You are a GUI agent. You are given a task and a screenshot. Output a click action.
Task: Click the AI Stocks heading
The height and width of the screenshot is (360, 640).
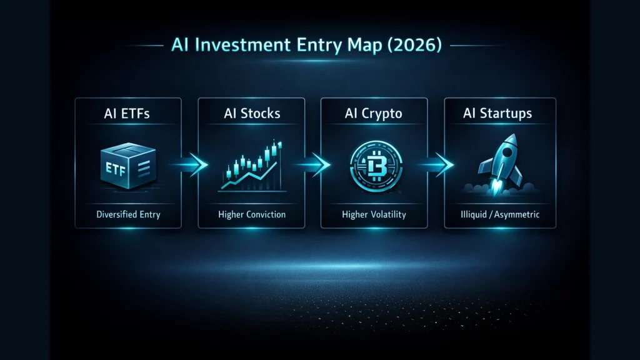[x=251, y=114]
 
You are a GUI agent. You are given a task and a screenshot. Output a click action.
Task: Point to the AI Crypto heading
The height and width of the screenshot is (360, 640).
[x=374, y=114]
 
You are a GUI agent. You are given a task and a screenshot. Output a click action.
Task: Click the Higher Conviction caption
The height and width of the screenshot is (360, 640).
[x=252, y=214]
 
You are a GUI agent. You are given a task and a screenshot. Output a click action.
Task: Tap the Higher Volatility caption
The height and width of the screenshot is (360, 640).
[x=374, y=214]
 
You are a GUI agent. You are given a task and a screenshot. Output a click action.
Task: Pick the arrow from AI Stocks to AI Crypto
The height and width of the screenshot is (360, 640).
[x=317, y=164]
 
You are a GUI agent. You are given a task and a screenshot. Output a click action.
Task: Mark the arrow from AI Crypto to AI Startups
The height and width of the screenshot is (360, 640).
[x=441, y=164]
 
